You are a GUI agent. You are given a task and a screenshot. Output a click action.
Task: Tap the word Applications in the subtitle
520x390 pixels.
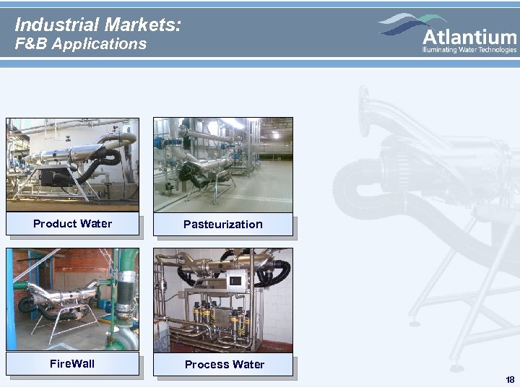103,44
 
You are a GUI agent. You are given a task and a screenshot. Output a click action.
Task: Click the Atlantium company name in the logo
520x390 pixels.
469,37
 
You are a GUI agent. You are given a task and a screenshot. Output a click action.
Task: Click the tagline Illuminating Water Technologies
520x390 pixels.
469,50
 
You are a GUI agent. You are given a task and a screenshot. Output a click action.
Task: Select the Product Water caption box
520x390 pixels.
73,224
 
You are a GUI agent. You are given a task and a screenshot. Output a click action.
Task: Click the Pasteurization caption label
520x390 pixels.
223,225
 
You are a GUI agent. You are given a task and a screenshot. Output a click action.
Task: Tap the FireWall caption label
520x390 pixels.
72,363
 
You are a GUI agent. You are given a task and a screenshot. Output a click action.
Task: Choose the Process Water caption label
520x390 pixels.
224,364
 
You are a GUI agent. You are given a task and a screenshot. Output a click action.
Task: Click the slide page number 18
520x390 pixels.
510,380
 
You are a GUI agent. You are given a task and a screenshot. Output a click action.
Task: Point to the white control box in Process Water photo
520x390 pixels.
235,281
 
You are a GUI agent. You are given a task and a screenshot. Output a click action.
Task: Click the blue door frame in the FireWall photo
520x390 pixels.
11,296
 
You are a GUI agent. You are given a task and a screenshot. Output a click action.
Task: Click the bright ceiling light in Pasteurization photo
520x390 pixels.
275,134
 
